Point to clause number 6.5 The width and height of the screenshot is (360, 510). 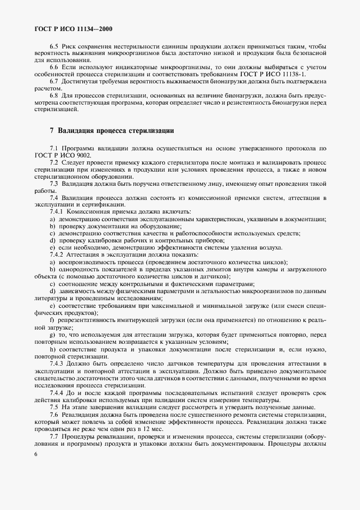coord(54,47)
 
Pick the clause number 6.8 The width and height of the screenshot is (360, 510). coord(54,95)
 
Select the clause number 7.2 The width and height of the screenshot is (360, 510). coord(54,163)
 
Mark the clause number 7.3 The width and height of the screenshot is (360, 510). coord(54,184)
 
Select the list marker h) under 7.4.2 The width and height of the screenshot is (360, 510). coord(52,349)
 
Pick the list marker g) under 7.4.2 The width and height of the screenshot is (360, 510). coord(52,334)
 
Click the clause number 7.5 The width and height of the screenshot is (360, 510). coord(54,407)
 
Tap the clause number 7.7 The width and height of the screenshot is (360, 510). coord(54,436)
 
